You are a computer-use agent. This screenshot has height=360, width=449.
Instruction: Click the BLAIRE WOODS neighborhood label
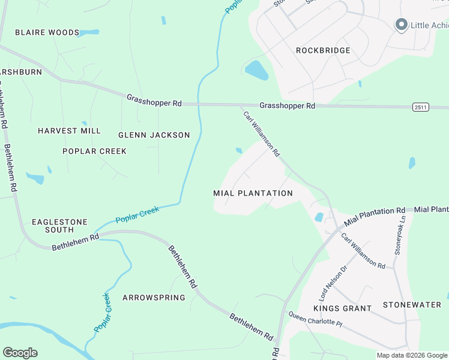click(x=47, y=32)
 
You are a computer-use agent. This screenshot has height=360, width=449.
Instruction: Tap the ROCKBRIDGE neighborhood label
click(x=323, y=50)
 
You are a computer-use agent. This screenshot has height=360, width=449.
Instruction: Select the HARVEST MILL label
click(x=69, y=131)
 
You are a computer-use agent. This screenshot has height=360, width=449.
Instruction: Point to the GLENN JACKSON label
click(x=154, y=135)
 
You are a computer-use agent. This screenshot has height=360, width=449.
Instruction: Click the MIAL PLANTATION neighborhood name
click(x=253, y=193)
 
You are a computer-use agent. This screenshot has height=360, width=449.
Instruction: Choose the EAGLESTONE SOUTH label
click(x=59, y=226)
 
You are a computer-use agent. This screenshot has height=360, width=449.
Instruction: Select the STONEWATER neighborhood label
click(x=412, y=305)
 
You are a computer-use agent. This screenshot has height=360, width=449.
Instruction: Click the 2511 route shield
click(x=421, y=107)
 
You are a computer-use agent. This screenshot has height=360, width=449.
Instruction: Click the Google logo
click(x=20, y=353)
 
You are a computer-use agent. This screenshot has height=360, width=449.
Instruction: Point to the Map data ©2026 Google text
click(x=412, y=355)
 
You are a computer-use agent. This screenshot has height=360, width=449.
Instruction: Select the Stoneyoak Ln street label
click(x=400, y=235)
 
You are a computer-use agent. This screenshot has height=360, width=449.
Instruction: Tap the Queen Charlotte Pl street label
click(x=315, y=319)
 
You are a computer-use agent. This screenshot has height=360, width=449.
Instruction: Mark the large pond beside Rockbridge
click(x=257, y=70)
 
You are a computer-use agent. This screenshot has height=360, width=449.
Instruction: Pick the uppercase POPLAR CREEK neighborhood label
click(x=94, y=151)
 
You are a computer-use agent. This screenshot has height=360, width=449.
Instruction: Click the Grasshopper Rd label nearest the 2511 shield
click(x=287, y=106)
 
